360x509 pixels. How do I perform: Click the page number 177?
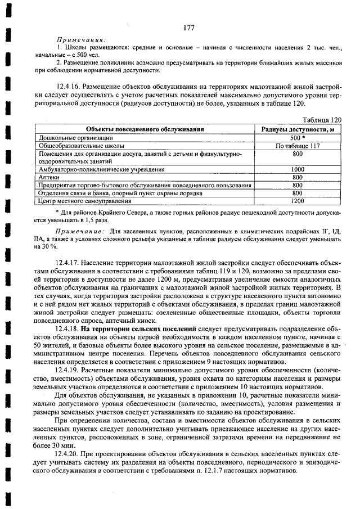pos(188,28)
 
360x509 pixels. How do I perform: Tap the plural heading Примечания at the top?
pos(81,40)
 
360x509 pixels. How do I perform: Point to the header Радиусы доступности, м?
pos(298,129)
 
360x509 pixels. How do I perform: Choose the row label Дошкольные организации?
pos(76,137)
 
